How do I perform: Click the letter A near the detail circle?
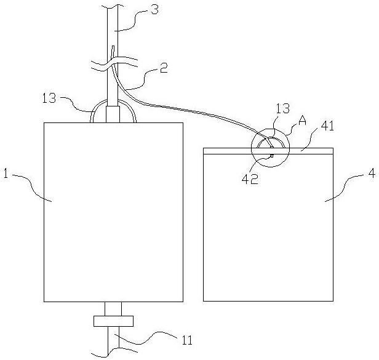tap(302, 122)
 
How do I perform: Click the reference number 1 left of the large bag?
tap(5, 174)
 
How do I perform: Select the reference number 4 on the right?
tap(371, 174)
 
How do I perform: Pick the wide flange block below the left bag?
tap(113, 321)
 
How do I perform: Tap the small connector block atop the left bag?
tap(113, 114)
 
